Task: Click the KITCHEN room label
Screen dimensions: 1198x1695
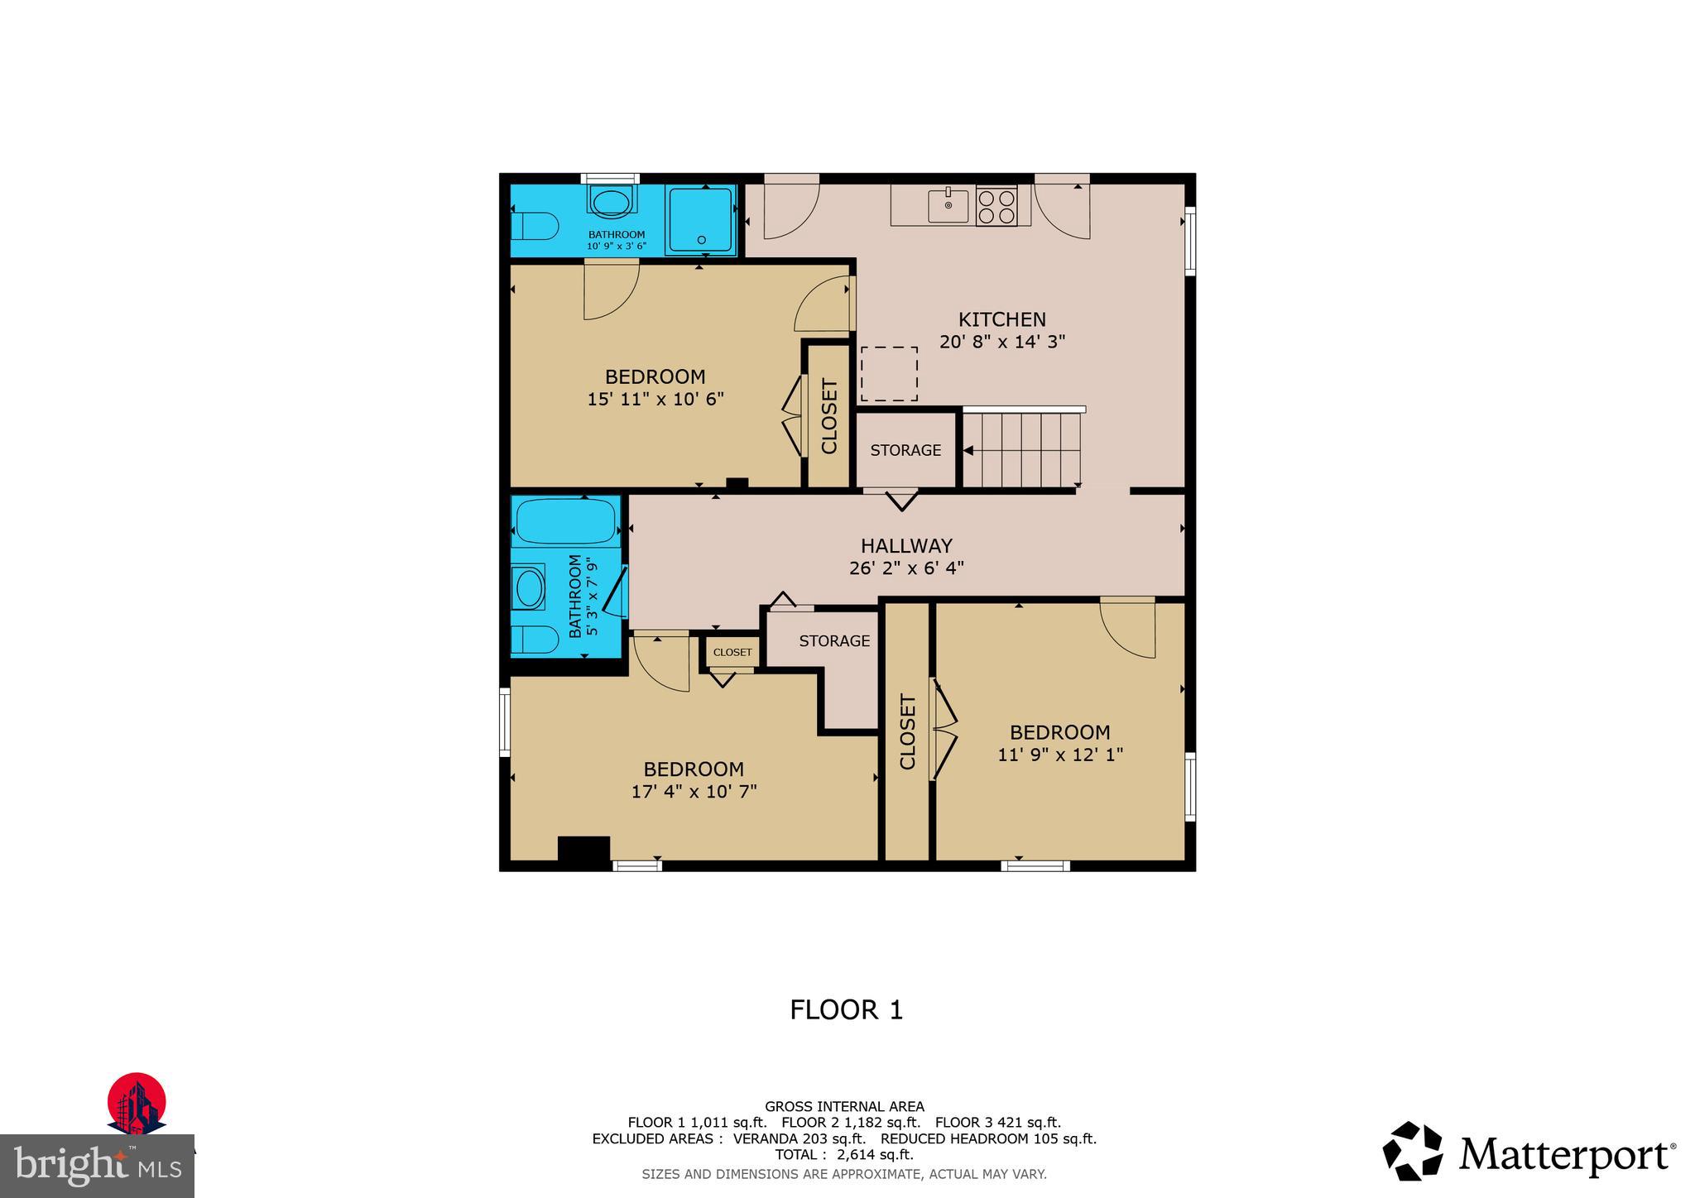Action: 1001,319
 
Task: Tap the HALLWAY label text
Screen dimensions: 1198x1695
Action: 906,546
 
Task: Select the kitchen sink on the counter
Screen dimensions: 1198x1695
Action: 948,206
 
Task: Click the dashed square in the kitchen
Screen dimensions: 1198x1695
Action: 889,374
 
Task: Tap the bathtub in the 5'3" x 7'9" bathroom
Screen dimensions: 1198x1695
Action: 566,522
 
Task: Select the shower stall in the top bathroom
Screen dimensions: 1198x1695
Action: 700,219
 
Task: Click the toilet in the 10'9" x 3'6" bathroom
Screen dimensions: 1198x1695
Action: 534,225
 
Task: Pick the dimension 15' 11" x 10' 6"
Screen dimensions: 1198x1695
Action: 655,400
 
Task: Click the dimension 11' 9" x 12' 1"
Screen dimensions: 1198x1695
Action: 1059,755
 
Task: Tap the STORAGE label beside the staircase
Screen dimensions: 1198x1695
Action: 905,451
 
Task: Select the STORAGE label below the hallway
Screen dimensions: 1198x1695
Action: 834,641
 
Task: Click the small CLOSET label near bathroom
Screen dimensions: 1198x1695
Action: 732,652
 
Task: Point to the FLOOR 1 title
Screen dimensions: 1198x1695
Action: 846,1010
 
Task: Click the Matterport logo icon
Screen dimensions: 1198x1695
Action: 1412,1151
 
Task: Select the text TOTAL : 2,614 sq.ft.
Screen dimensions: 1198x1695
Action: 844,1155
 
